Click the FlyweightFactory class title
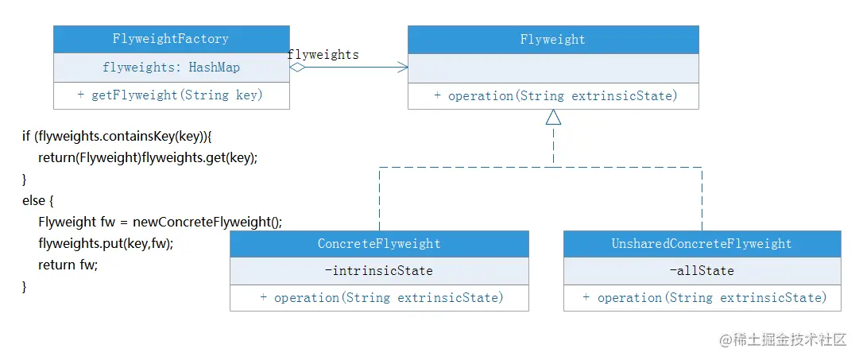171,39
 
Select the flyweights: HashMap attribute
171,68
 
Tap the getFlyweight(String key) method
170,95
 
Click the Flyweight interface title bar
553,40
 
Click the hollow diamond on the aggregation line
297,68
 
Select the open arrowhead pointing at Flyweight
403,68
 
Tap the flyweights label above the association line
323,54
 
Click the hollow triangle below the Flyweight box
553,117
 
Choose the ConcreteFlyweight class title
379,243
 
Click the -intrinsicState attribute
379,271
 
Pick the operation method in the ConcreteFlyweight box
381,297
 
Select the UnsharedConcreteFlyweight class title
702,243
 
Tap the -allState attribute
702,271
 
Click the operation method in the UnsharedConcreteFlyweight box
705,297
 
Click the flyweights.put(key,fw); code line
106,243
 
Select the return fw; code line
68,265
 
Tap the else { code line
38,200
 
